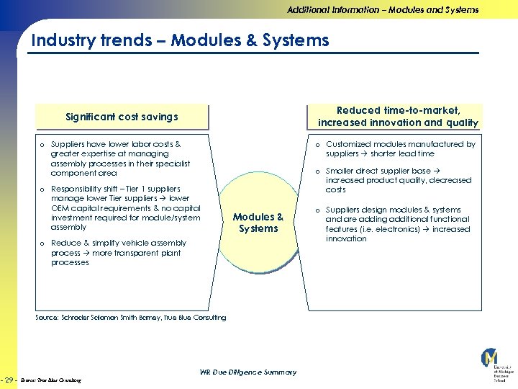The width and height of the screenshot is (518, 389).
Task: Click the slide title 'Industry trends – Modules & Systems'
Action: (180, 40)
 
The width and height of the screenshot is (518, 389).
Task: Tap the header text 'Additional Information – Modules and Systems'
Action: (383, 10)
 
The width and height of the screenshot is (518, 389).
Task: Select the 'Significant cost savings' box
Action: (122, 117)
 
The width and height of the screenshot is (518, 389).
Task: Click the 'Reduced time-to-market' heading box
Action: (398, 116)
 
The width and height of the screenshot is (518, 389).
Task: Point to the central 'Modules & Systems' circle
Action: (258, 223)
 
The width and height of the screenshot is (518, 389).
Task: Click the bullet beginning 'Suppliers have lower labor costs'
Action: (119, 158)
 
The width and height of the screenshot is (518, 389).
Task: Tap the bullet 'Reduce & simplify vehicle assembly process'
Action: (119, 253)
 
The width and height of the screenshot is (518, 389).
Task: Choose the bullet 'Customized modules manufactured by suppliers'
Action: (400, 148)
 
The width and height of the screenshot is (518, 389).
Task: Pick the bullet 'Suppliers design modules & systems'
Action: (397, 224)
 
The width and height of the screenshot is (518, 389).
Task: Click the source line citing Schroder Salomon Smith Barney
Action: (130, 317)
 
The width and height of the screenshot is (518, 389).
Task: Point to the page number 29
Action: (10, 379)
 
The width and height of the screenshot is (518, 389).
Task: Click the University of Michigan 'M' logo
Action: (490, 357)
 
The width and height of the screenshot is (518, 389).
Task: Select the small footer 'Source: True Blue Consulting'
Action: (50, 380)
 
